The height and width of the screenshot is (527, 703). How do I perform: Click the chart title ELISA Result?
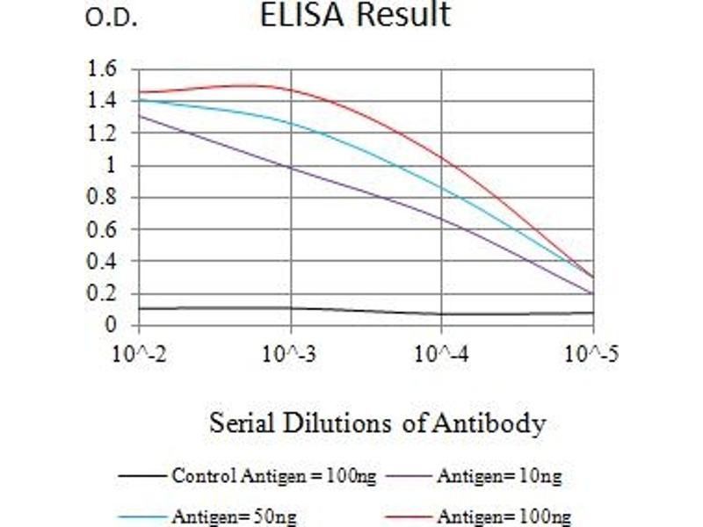[355, 16]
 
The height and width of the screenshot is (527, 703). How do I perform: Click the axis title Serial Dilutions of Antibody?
[377, 424]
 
